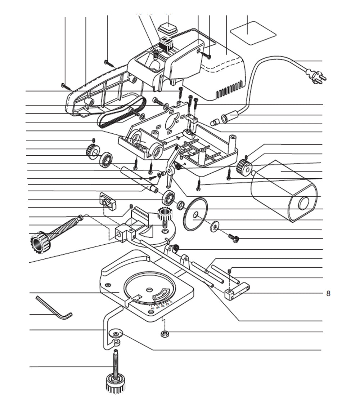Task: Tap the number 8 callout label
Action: tap(328, 293)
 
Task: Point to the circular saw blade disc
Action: tap(195, 215)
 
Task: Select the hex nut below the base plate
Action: tap(165, 334)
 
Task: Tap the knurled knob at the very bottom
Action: tap(115, 384)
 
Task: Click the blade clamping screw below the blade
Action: tap(234, 238)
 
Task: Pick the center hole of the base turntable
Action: tap(149, 289)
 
